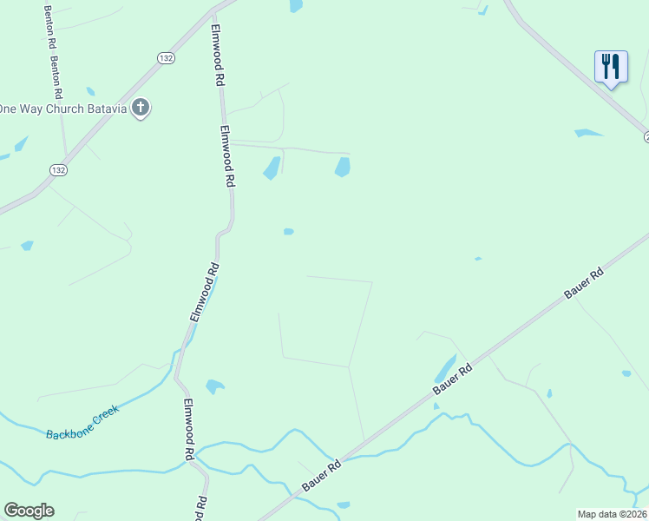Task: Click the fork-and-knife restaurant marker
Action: (611, 67)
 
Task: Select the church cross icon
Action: (141, 109)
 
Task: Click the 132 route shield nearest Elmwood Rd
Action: (167, 57)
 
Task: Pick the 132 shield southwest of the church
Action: (58, 168)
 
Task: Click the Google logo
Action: (29, 511)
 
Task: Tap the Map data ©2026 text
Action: (613, 514)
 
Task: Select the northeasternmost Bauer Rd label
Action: (584, 284)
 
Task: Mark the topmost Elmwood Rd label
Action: (219, 54)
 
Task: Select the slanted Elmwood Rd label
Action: (204, 293)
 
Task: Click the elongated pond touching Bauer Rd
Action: (445, 368)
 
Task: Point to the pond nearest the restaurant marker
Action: (587, 133)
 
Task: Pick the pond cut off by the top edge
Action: (296, 5)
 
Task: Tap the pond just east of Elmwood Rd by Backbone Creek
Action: (214, 386)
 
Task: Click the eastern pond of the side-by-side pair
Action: (343, 167)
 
